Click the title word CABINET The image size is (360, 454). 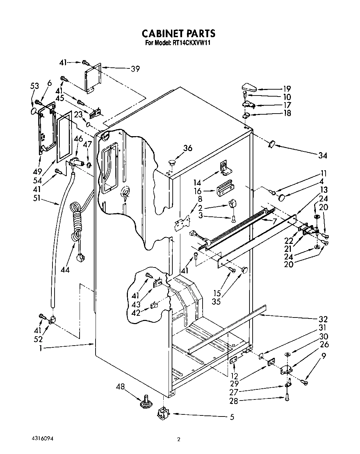tap(161, 33)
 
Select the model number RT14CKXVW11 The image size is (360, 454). tap(192, 43)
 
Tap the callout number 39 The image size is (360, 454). tap(135, 69)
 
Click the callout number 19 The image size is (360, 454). tap(287, 89)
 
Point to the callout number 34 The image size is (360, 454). tap(322, 155)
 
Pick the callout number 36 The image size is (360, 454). tap(188, 148)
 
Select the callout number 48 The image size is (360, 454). tap(120, 386)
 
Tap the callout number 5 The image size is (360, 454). tap(231, 417)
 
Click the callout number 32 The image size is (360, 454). tap(323, 319)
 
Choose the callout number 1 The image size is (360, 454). tap(40, 348)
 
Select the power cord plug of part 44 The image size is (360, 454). tap(81, 258)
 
